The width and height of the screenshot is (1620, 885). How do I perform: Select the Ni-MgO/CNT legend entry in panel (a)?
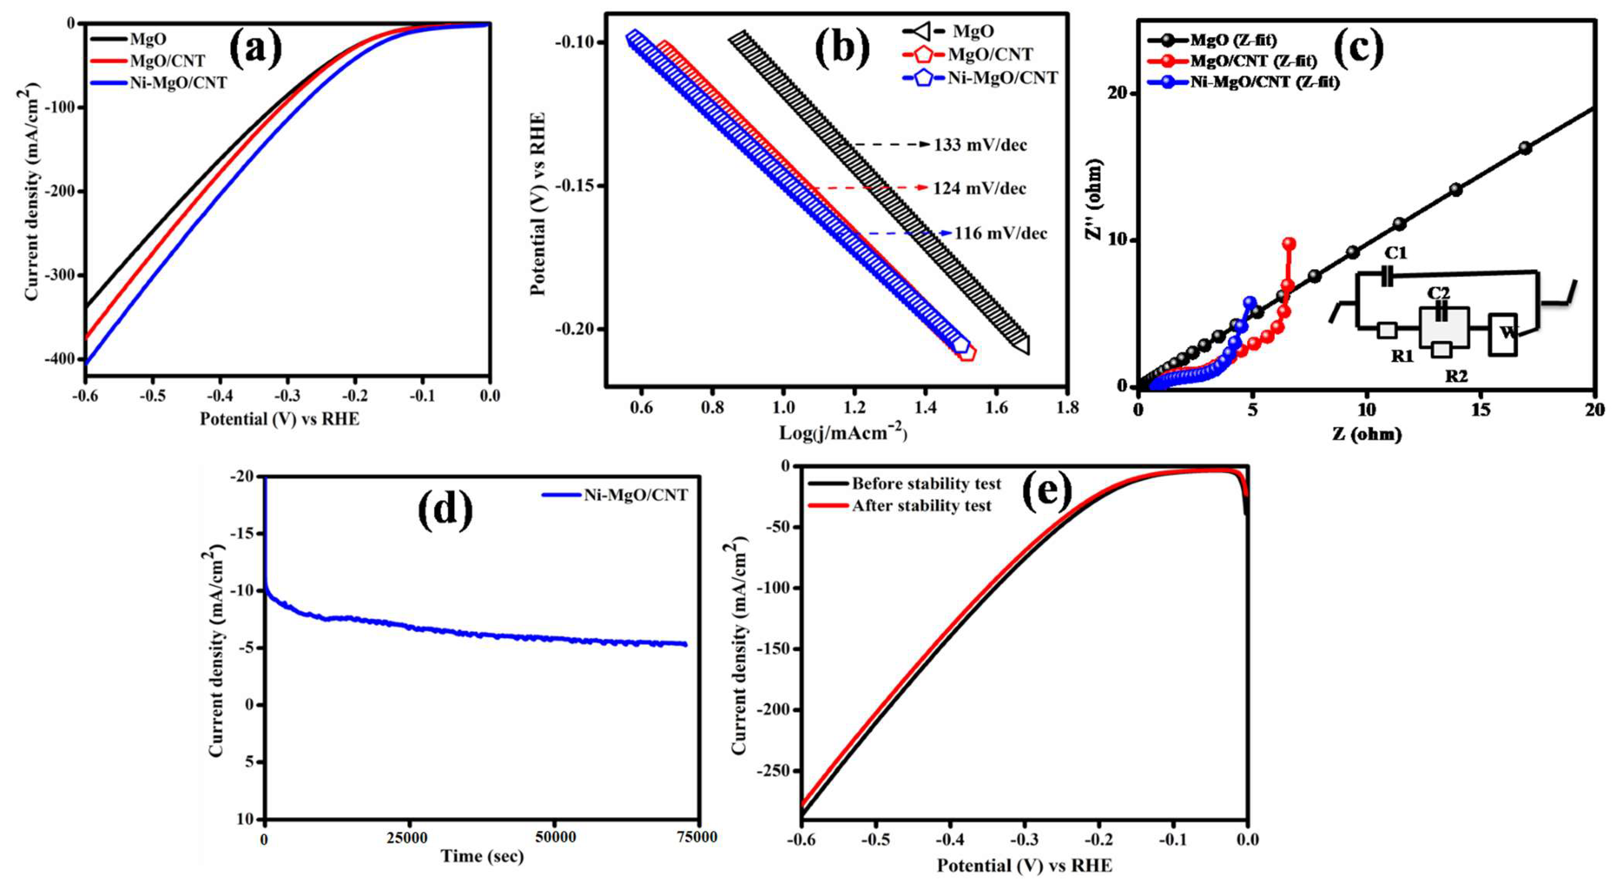[178, 83]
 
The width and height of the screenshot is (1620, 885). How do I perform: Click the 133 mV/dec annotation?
[980, 145]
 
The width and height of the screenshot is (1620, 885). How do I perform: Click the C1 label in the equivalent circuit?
[1396, 253]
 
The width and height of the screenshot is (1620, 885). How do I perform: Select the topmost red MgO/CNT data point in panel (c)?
[1289, 243]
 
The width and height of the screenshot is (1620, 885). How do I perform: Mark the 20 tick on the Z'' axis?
[1117, 93]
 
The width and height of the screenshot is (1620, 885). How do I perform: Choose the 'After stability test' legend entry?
[921, 506]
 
